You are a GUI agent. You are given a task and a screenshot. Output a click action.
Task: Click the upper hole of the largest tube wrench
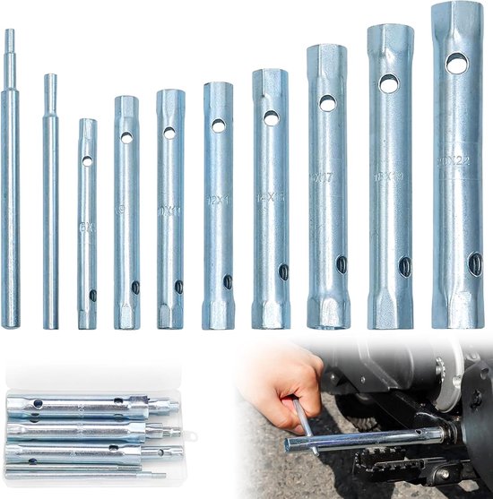457,63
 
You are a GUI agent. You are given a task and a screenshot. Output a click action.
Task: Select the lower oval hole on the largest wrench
474,262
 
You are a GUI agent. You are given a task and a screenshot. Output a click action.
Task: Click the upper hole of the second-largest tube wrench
389,84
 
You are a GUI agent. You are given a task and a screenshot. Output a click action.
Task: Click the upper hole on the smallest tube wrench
87,161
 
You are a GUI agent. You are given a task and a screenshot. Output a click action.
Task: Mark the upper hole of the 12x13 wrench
218,126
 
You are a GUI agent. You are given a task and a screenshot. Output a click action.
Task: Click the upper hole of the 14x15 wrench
271,117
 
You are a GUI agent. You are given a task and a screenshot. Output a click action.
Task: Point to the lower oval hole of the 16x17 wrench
342,264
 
